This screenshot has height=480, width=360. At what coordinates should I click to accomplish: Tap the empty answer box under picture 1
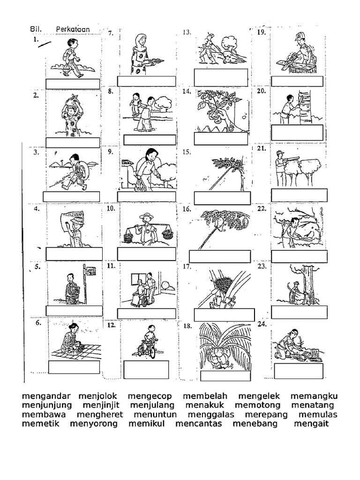[x=73, y=84]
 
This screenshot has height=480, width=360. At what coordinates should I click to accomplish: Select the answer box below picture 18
[x=225, y=376]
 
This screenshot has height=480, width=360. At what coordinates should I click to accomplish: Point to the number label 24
[x=262, y=324]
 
